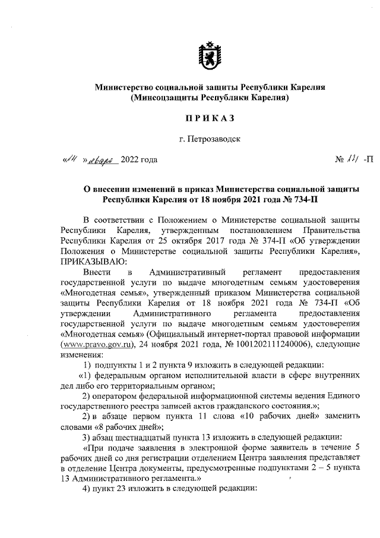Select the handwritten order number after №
pos(354,159)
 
